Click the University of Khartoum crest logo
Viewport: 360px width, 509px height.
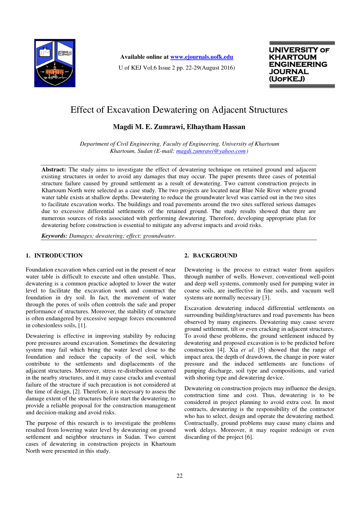pyautogui.click(x=55, y=63)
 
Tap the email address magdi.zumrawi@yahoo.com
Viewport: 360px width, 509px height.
pyautogui.click(x=211, y=151)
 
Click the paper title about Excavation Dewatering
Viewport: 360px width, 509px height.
pyautogui.click(x=179, y=110)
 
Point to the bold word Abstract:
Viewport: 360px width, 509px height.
pyautogui.click(x=54, y=169)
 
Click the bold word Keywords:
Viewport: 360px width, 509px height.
pyautogui.click(x=54, y=236)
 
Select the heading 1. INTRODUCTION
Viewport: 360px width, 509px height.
pyautogui.click(x=54, y=256)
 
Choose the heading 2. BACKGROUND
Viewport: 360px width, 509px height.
pyautogui.click(x=211, y=256)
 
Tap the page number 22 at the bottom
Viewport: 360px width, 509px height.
pyautogui.click(x=180, y=476)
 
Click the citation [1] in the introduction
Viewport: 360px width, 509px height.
pyautogui.click(x=83, y=325)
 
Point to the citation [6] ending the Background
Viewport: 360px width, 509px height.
pyautogui.click(x=249, y=437)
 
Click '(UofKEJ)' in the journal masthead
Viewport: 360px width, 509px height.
pyautogui.click(x=287, y=79)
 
